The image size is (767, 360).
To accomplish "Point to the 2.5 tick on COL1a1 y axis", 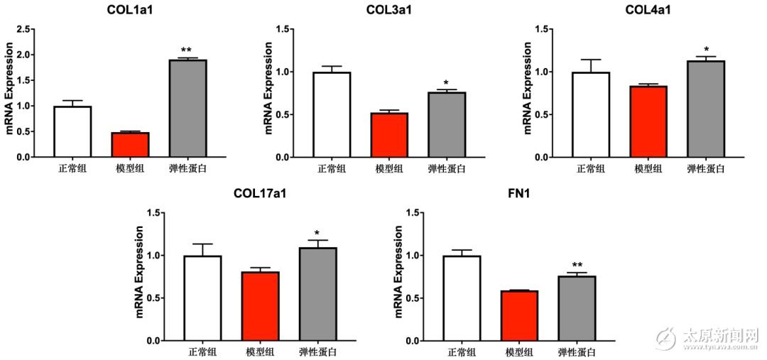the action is click(x=23, y=29).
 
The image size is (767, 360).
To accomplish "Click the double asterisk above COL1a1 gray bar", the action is click(x=186, y=50).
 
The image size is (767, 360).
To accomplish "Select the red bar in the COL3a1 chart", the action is click(x=389, y=136).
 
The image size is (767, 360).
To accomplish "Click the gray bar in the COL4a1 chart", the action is click(x=705, y=109).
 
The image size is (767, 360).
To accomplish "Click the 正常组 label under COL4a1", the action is click(x=590, y=169).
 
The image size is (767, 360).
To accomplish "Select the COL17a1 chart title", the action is click(x=260, y=193).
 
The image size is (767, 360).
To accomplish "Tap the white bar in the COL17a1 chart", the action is click(x=202, y=298).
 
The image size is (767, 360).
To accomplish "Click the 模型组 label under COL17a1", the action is click(x=260, y=352).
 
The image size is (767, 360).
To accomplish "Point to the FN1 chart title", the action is click(x=518, y=193).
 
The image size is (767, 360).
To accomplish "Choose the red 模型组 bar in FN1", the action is click(x=518, y=316).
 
